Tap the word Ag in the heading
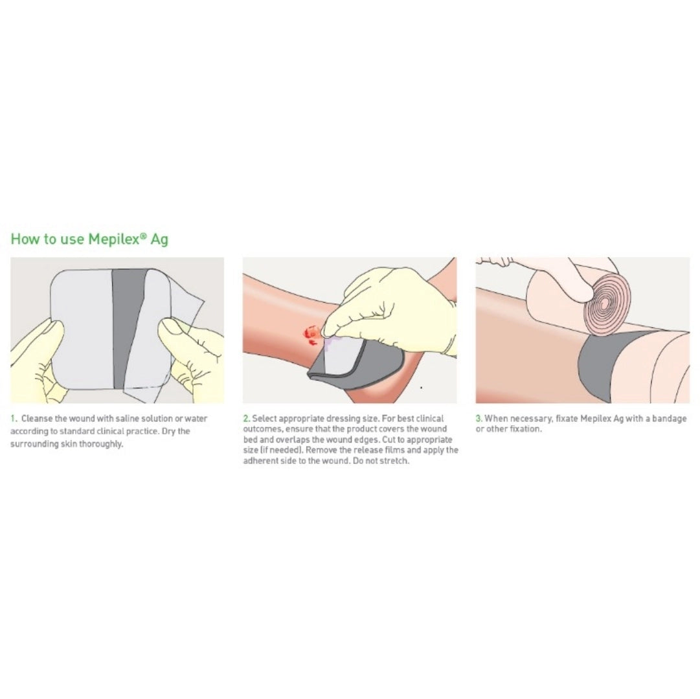point(159,240)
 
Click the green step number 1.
point(14,418)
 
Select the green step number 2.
point(247,418)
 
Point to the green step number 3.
point(479,418)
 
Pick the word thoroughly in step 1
point(101,444)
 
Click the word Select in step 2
point(264,418)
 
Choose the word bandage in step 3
point(669,419)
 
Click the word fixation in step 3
point(526,429)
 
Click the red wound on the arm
point(311,335)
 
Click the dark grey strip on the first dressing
point(129,328)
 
